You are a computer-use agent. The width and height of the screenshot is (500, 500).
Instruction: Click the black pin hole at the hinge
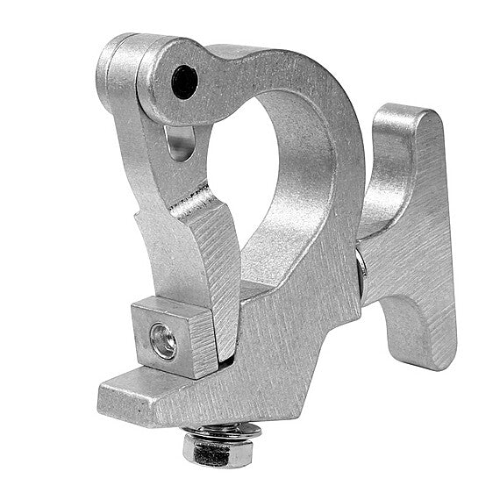184,82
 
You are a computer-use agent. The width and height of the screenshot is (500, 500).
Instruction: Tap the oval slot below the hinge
179,142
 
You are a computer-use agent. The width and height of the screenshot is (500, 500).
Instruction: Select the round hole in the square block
163,341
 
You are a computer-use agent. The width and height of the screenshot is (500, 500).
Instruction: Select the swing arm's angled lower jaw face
219,263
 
